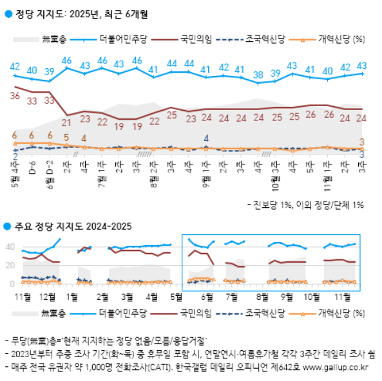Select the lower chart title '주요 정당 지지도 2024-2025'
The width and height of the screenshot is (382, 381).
tap(73, 226)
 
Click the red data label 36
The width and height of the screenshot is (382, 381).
tap(15, 96)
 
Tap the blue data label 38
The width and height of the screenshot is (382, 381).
tap(258, 74)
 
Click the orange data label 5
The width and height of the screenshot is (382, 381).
tap(66, 136)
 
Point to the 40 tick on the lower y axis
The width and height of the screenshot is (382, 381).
tap(10, 246)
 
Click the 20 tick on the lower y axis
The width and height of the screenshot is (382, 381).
tap(10, 265)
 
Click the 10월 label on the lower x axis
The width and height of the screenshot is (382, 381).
tap(312, 296)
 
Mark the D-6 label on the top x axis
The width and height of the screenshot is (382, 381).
tap(32, 171)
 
